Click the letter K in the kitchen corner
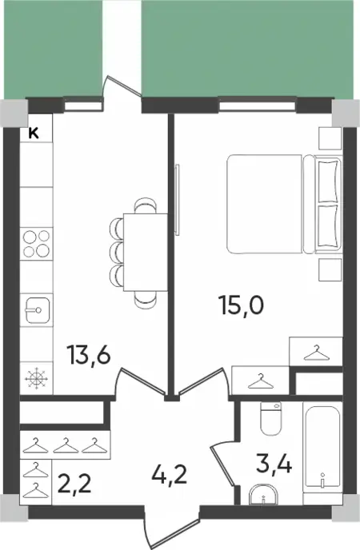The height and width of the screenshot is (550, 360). (x=34, y=134)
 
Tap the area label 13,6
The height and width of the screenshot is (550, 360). (x=90, y=354)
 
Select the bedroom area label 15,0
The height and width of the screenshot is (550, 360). (x=241, y=305)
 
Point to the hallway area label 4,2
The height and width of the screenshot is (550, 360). (x=170, y=476)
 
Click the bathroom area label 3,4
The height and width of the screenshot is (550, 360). (x=274, y=464)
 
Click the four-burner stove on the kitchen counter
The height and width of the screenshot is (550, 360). (x=36, y=244)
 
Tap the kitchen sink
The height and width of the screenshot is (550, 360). (x=37, y=310)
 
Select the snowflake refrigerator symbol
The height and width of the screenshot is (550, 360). (x=37, y=378)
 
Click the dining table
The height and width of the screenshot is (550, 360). (x=146, y=252)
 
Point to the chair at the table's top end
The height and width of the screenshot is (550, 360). (x=146, y=206)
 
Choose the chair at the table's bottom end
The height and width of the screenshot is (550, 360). (x=146, y=300)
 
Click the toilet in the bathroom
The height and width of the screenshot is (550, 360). (x=271, y=418)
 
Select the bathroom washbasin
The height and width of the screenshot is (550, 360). (x=263, y=495)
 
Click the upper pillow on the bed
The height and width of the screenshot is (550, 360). (x=329, y=181)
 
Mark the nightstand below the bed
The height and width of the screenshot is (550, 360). (x=330, y=270)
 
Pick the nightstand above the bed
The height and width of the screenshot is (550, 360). (x=330, y=139)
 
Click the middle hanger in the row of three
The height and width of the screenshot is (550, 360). (x=66, y=445)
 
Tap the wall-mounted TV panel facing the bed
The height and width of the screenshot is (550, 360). (x=177, y=200)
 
